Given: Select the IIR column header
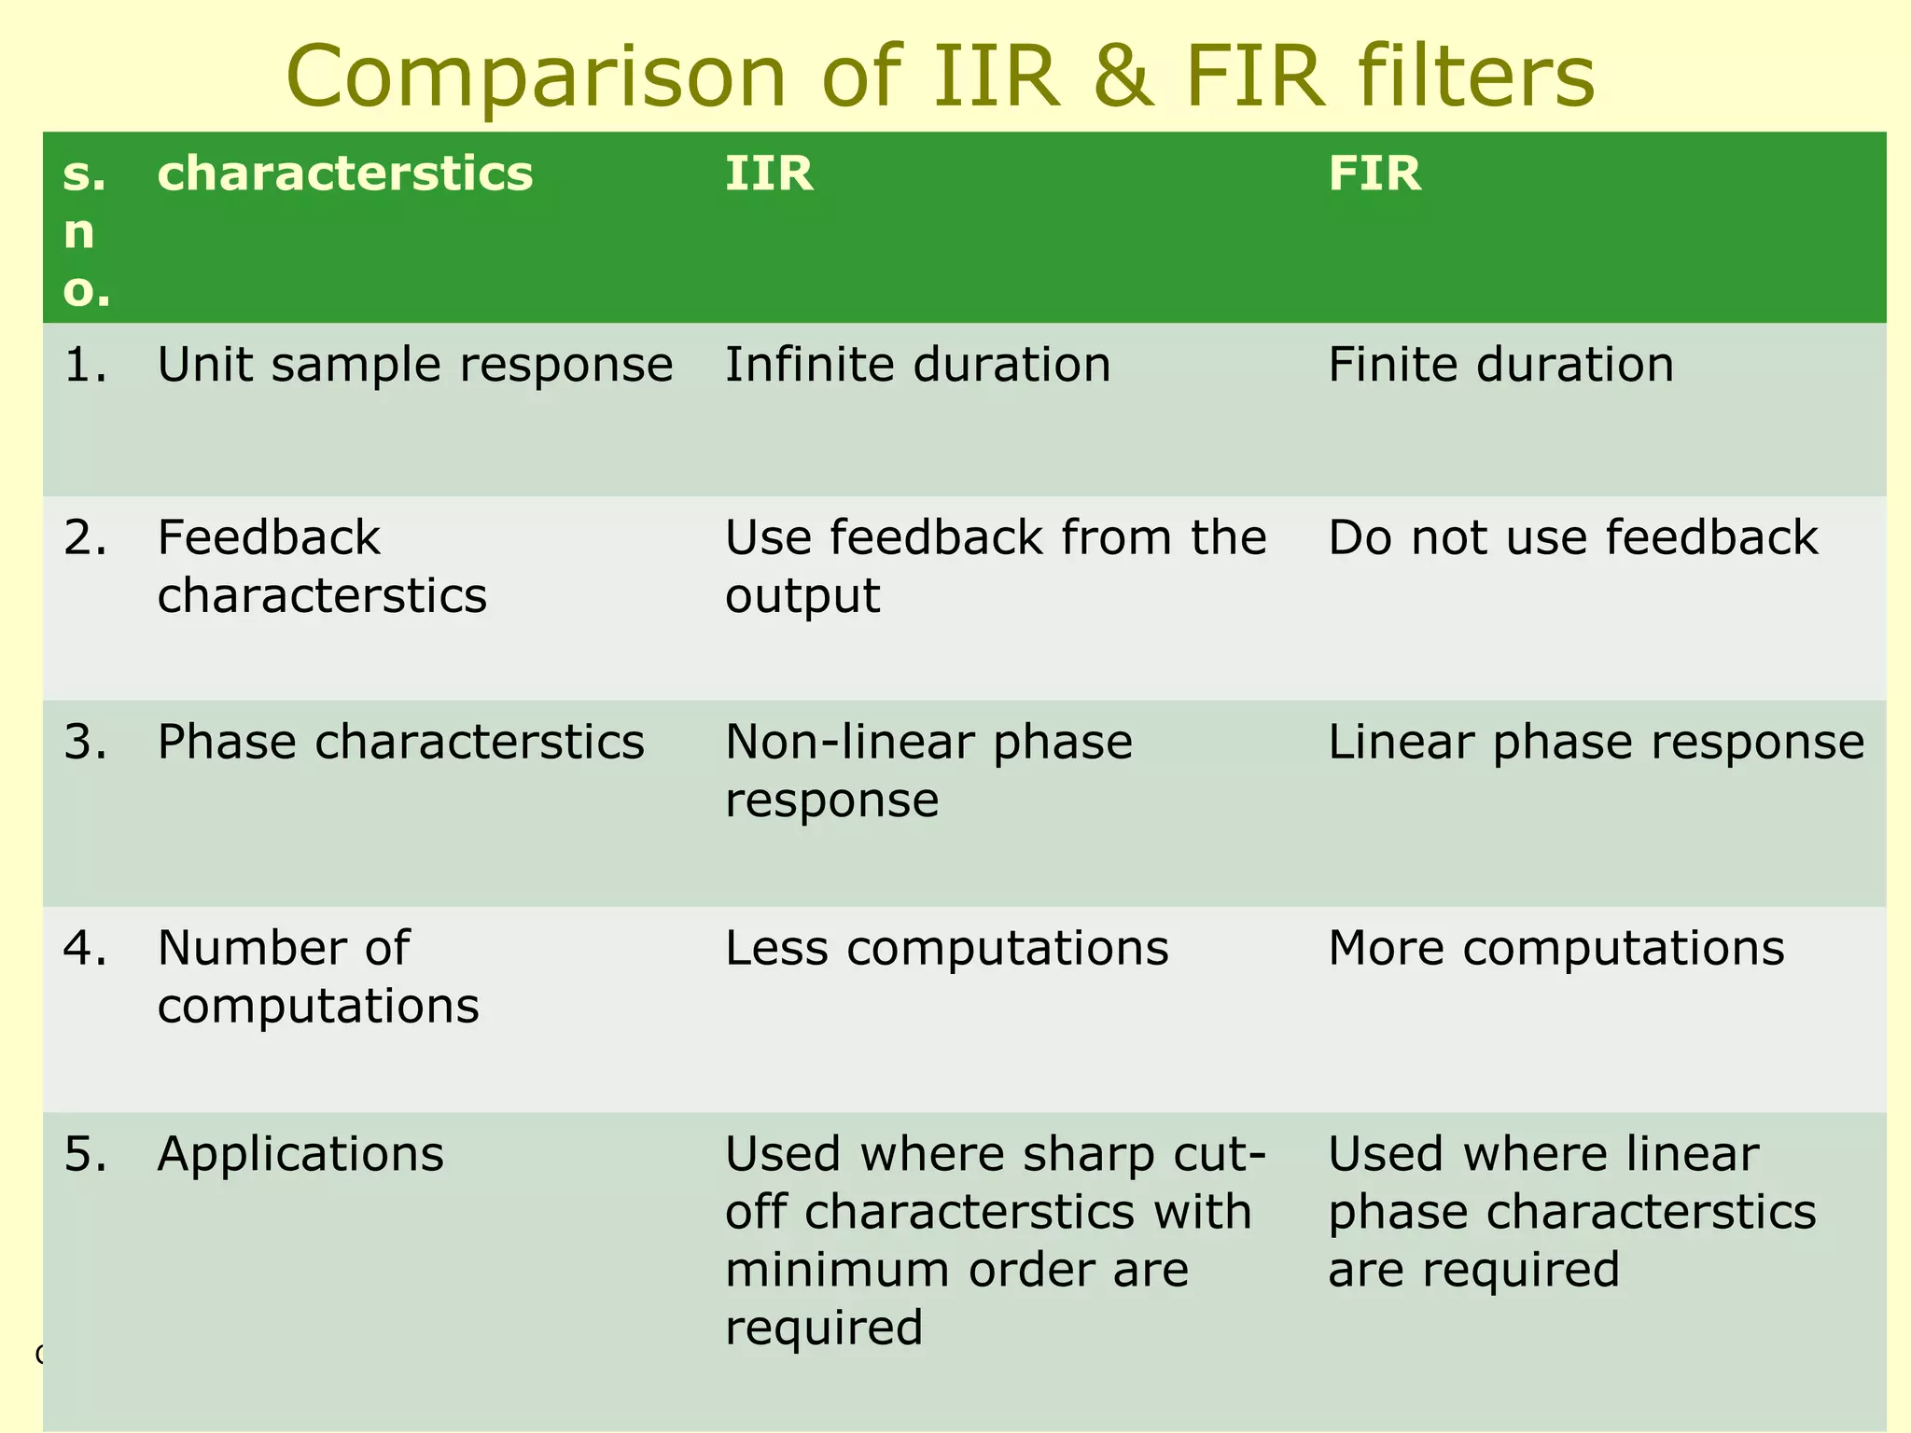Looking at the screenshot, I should pos(769,174).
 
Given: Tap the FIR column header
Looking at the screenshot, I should pos(1374,174).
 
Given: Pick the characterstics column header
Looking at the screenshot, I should pos(345,174).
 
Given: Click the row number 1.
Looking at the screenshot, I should pos(85,365).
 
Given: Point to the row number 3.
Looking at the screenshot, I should pos(85,743).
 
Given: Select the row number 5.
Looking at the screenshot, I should pos(85,1154).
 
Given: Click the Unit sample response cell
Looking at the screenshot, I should pos(414,365).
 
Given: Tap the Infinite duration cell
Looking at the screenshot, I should pos(918,365).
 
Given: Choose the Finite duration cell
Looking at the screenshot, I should pos(1500,365).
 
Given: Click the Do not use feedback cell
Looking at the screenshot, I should pos(1573,538).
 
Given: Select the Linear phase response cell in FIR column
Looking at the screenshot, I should pos(1596,743).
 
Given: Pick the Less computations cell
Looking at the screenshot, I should pos(946,949).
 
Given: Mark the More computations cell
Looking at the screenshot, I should pos(1555,949).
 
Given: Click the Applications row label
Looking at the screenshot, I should pos(300,1154).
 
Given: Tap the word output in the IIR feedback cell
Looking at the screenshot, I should pos(802,596).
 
